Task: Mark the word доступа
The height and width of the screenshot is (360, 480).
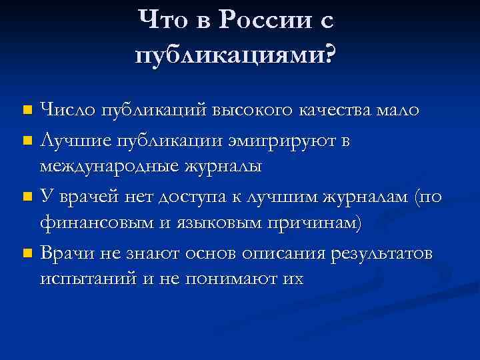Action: click(x=214, y=197)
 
